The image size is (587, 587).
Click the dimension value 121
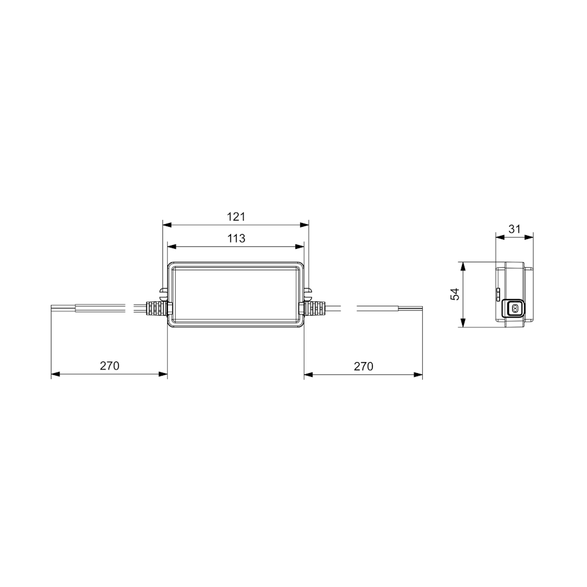pyautogui.click(x=236, y=217)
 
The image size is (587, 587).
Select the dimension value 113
pyautogui.click(x=236, y=238)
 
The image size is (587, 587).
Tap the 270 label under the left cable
pyautogui.click(x=109, y=365)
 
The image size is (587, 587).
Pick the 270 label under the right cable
pyautogui.click(x=363, y=366)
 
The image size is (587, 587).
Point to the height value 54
pyautogui.click(x=455, y=294)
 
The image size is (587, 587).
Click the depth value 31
pyautogui.click(x=514, y=229)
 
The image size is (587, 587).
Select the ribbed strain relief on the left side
pyautogui.click(x=156, y=308)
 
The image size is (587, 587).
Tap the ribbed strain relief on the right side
pyautogui.click(x=314, y=308)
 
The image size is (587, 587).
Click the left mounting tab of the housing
pyautogui.click(x=163, y=292)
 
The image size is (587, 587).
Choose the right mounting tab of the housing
pyautogui.click(x=308, y=292)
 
